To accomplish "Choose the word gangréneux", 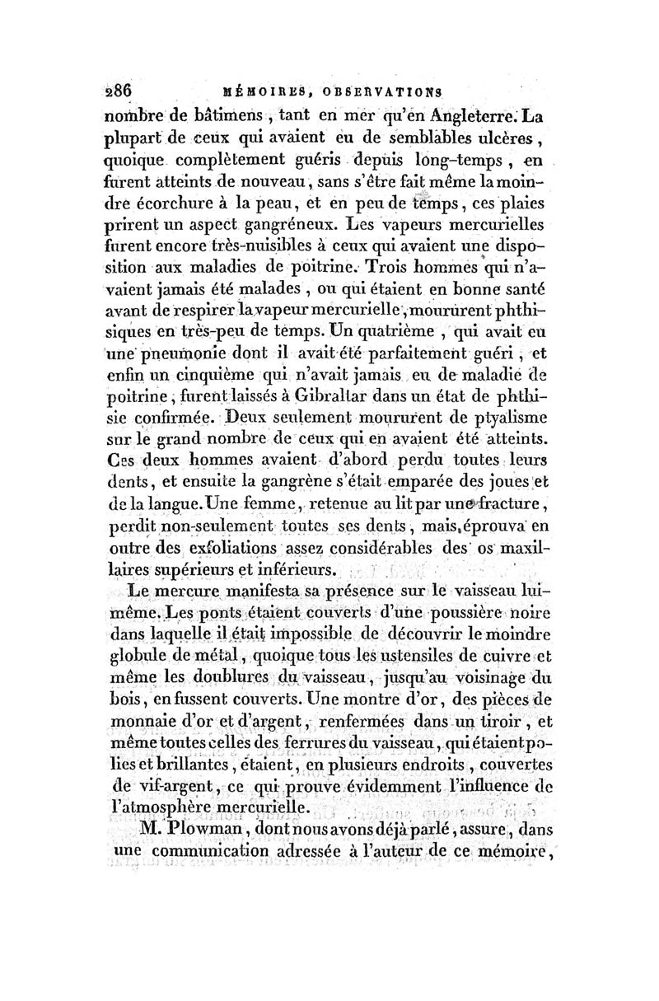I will pos(280,224).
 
